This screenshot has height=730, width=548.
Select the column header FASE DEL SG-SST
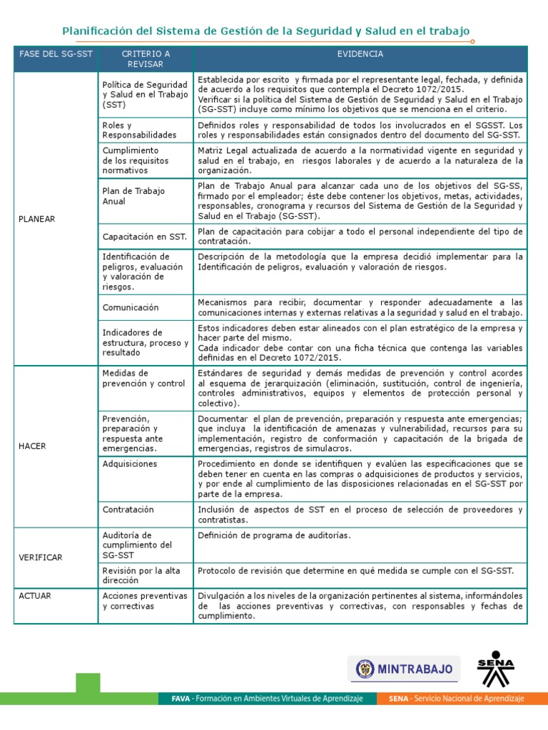(x=56, y=54)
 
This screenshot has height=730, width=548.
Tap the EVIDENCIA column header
(x=360, y=54)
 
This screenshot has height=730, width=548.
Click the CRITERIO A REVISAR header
(x=146, y=58)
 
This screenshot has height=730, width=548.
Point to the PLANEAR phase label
(x=37, y=219)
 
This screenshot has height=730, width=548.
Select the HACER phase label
(x=33, y=446)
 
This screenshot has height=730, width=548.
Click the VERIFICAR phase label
(x=41, y=557)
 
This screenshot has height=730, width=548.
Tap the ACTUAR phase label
(x=35, y=595)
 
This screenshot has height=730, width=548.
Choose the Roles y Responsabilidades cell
(x=139, y=130)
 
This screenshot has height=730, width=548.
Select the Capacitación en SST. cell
(x=144, y=236)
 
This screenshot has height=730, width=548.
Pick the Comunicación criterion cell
(x=131, y=307)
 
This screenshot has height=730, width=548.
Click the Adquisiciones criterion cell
(x=130, y=463)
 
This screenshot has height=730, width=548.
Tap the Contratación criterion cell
(x=128, y=510)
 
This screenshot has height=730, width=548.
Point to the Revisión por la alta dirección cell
(x=141, y=575)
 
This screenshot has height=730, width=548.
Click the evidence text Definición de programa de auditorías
(x=274, y=535)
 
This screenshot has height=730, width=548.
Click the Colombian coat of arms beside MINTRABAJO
(x=365, y=669)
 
